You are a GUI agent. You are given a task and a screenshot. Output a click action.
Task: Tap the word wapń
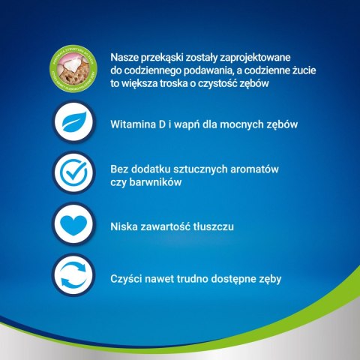191,124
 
